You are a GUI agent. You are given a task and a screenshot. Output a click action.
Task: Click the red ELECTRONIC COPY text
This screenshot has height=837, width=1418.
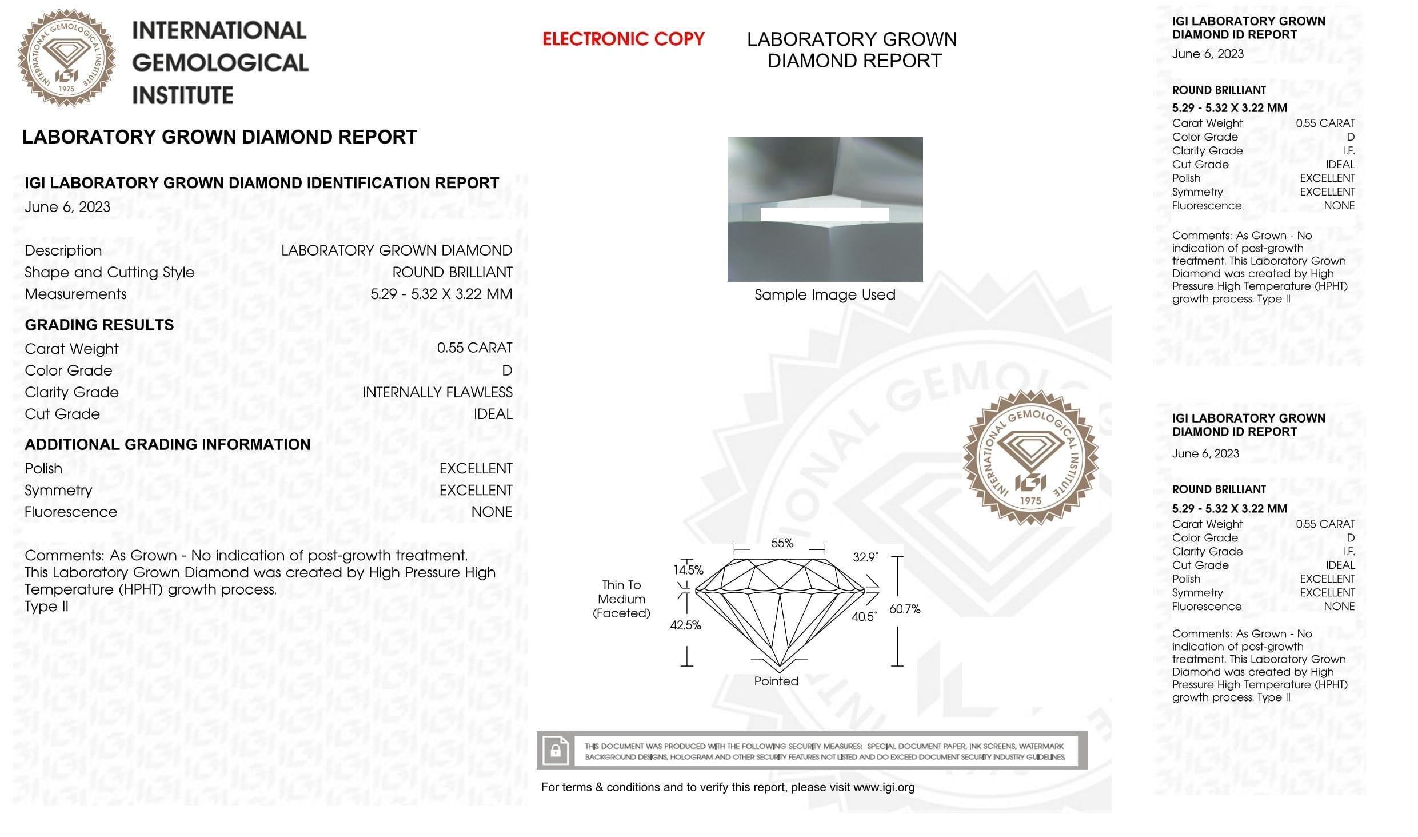point(623,39)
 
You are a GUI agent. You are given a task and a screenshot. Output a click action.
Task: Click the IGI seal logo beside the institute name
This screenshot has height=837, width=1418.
point(67,57)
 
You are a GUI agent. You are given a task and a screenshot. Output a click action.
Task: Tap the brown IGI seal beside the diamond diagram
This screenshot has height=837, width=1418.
point(1030,457)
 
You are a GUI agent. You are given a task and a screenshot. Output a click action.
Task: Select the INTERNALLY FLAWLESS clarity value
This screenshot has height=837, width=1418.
point(437,392)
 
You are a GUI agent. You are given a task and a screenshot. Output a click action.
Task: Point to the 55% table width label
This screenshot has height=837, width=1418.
point(782,543)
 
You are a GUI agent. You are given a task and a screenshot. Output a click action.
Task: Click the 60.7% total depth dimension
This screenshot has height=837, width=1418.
point(905,609)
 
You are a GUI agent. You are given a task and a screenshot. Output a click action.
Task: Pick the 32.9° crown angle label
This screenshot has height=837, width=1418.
point(865,557)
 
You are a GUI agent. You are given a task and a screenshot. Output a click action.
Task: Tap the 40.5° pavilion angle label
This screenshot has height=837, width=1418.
point(864,617)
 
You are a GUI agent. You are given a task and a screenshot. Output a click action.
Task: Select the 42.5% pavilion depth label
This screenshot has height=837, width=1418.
point(685,625)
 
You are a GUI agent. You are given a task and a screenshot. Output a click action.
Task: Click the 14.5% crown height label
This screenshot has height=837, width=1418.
point(688,570)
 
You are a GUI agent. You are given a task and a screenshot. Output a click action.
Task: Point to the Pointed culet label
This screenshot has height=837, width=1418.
point(776,681)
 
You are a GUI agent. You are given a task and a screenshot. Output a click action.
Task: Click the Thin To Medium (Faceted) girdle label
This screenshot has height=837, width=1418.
point(621,599)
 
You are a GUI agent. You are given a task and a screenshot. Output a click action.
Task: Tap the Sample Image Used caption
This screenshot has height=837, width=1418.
point(825,295)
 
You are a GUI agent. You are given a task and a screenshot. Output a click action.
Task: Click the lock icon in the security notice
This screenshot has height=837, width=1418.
point(556,750)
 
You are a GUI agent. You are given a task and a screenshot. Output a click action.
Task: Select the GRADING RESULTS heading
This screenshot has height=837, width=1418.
point(99,325)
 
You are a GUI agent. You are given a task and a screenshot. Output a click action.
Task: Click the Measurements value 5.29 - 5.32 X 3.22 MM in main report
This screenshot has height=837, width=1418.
point(441,294)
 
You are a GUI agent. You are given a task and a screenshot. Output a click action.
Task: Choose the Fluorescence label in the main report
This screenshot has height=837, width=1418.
point(71,512)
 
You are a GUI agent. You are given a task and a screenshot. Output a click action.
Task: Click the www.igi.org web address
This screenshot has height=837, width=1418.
point(884,787)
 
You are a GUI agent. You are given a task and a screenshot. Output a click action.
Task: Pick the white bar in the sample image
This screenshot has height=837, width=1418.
point(824,214)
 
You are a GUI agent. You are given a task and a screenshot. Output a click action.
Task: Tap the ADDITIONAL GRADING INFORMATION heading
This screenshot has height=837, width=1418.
point(167,444)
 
